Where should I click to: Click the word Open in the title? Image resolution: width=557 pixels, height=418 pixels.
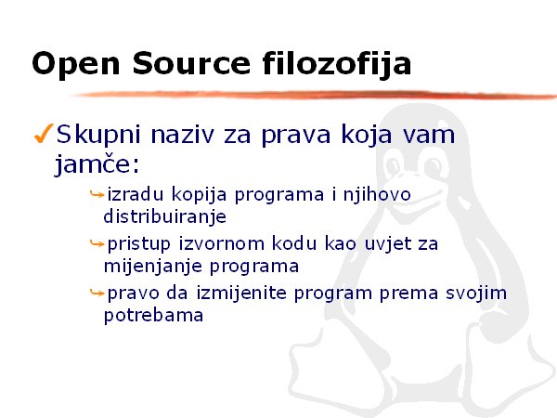76,64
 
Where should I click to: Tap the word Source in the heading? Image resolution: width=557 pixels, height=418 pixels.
192,63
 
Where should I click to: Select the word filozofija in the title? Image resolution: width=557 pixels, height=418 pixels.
337,64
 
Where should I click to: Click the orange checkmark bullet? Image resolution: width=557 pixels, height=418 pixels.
44,133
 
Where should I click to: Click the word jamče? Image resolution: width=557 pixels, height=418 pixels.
97,164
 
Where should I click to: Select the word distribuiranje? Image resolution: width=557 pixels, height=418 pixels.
165,216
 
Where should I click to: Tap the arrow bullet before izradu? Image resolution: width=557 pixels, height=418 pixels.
97,194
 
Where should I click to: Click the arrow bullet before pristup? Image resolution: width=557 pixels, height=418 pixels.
97,243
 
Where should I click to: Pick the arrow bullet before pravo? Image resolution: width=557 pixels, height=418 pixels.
97,293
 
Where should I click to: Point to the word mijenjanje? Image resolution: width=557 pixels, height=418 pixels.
153,267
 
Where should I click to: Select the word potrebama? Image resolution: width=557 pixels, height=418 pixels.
153,315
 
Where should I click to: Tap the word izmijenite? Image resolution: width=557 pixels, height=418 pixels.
241,294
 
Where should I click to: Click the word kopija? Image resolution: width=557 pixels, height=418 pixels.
199,195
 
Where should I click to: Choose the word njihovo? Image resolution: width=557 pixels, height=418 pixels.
377,195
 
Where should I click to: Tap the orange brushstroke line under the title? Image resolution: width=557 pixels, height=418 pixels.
313,95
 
